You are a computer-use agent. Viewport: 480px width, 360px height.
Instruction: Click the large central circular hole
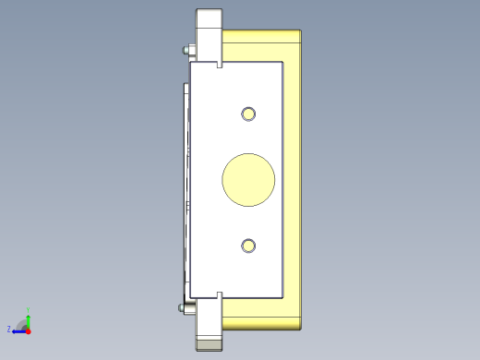248,179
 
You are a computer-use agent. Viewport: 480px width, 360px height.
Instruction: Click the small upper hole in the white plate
248,114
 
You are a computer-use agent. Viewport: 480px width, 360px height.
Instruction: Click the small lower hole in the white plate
248,246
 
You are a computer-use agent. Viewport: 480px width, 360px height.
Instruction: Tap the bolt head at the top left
189,51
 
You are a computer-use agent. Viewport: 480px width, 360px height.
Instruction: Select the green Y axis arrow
29,316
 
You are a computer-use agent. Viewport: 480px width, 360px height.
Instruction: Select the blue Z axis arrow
18,330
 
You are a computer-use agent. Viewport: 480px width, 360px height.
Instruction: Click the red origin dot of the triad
29,330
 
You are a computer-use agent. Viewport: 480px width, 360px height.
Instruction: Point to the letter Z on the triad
9,329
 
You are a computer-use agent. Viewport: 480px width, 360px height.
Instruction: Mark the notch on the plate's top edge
220,66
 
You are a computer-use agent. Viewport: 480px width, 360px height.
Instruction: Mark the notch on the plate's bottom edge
220,294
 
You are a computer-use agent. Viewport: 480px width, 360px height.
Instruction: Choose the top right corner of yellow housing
301,32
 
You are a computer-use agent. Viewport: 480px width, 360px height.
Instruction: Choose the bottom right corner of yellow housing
301,328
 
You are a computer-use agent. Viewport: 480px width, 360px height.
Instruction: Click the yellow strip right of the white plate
293,179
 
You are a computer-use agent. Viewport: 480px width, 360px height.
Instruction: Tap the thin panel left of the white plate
186,179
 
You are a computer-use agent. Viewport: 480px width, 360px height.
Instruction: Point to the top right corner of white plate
282,63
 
